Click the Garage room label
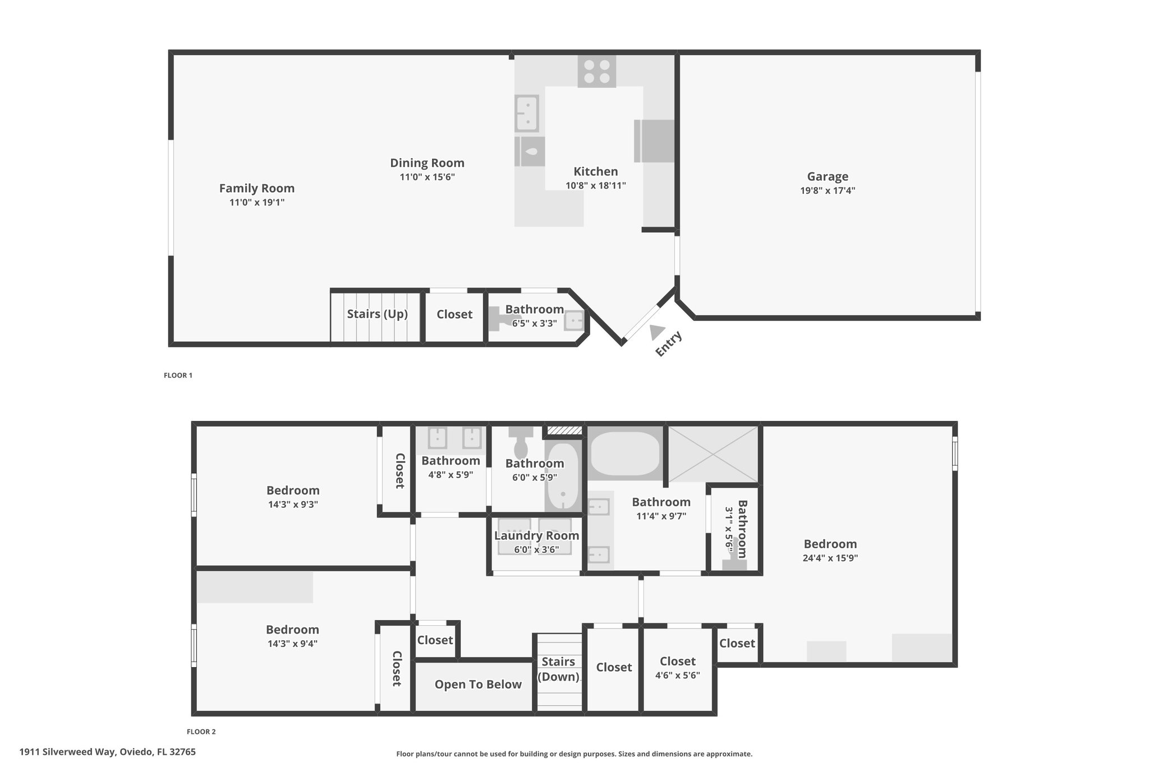828,177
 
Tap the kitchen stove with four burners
597,71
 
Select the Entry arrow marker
658,332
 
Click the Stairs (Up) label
377,314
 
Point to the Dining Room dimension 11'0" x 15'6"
427,177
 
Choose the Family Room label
257,189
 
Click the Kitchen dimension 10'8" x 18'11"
596,185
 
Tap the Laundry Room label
537,535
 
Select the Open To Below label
478,685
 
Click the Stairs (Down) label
558,669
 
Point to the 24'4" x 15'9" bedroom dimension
830,558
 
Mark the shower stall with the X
713,454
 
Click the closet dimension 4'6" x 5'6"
678,675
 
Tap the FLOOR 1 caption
178,375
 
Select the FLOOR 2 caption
201,732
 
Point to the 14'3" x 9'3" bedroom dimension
293,504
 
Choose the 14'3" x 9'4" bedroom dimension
292,644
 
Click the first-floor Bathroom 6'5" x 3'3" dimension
535,323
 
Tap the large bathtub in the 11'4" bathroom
625,453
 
